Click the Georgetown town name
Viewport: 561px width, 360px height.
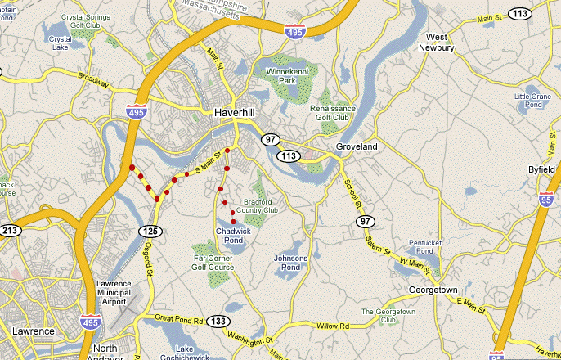pos(433,290)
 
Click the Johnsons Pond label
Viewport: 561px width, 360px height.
pos(290,262)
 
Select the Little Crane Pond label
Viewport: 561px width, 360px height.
pos(533,101)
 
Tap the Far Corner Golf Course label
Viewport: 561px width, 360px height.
pos(213,262)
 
